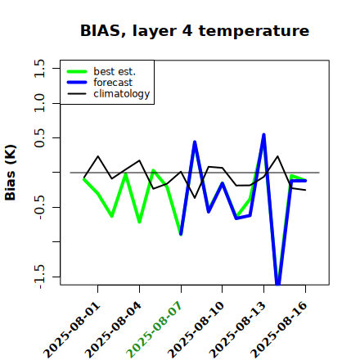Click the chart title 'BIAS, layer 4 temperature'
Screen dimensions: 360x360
195,30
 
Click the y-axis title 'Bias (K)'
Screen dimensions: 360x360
11,173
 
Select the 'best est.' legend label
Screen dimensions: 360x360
115,71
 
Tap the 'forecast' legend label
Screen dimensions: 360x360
113,83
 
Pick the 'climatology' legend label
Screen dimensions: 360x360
122,94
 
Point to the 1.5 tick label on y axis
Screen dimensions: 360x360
39,68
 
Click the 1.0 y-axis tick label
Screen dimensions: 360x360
39,103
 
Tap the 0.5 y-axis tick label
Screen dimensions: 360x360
39,137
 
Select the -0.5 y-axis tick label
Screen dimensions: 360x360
39,207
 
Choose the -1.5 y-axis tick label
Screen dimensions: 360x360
39,277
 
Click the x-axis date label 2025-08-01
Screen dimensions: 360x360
72,330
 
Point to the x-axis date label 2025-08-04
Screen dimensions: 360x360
114,330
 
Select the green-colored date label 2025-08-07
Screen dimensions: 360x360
155,330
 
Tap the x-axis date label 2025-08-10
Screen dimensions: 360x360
196,330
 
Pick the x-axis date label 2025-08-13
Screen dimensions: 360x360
237,330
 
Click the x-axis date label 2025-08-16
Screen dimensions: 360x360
279,330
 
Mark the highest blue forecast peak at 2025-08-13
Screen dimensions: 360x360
263,134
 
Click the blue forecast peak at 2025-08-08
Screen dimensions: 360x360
195,142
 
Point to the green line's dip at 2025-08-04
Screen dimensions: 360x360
139,222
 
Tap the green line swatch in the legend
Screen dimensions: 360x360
77,71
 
